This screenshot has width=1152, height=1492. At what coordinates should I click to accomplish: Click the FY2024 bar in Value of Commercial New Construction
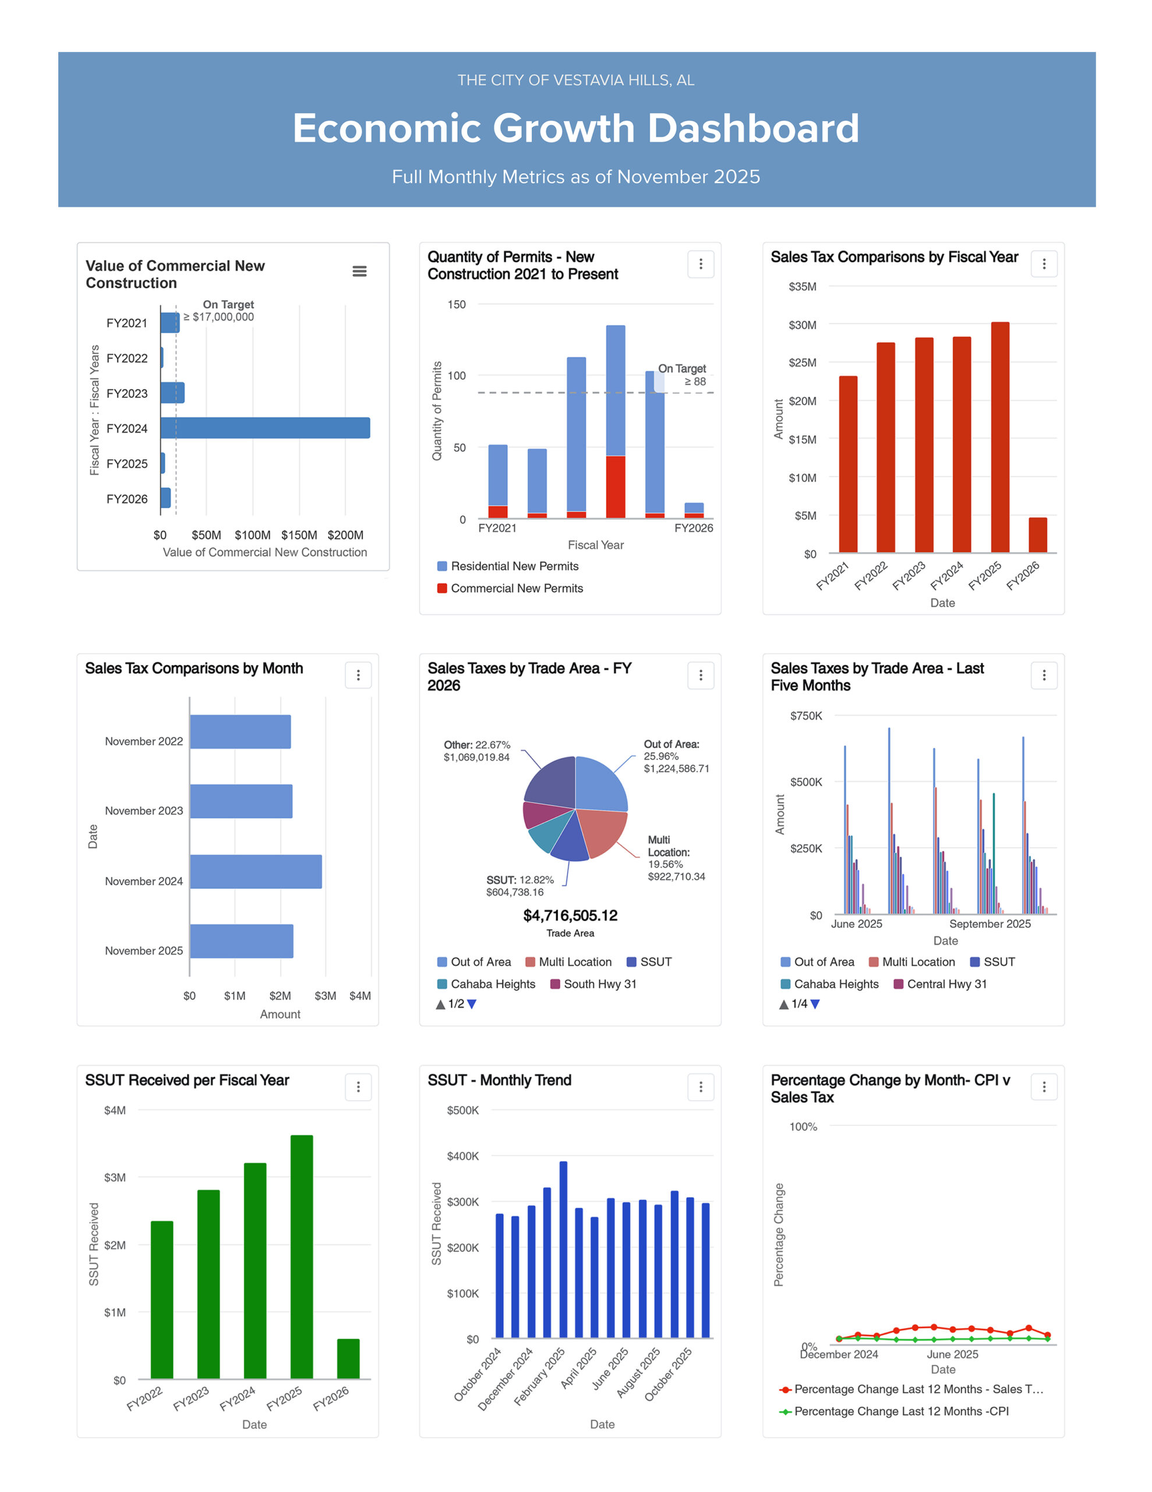266,428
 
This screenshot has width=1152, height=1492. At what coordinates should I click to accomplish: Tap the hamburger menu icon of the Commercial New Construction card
359,271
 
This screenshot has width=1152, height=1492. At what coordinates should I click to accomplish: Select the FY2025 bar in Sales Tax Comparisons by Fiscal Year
1000,437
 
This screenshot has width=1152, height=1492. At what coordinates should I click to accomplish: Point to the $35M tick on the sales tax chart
803,287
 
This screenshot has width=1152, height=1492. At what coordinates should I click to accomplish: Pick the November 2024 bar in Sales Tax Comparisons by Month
256,872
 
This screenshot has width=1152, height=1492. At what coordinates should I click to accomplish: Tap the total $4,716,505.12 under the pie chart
570,916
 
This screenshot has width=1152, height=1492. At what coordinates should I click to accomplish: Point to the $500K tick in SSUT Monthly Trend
463,1110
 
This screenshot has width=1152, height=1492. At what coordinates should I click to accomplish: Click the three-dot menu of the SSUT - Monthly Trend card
701,1087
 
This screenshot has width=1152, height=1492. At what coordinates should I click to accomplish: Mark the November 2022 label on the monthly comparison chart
144,741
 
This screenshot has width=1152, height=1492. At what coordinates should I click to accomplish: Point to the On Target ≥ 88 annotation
683,375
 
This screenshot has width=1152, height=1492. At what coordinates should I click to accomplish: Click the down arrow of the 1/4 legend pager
815,1004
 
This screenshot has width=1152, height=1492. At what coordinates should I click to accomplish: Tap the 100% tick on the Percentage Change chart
803,1127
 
